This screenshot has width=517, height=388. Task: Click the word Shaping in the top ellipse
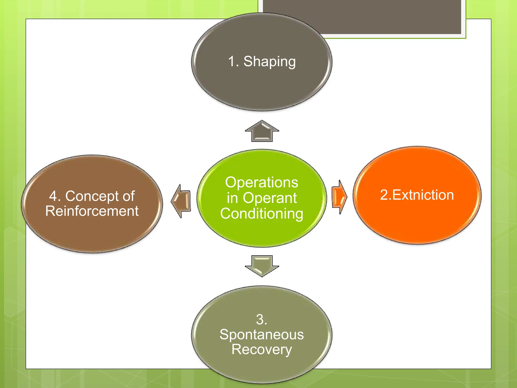pos(269,62)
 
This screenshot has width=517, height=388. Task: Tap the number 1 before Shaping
pos(232,61)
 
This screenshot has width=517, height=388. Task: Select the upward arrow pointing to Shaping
pos(262,131)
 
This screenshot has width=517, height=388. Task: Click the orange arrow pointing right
pos(339,197)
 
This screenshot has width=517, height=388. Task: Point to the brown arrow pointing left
pos(181,201)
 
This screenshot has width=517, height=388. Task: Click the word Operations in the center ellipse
pos(262,182)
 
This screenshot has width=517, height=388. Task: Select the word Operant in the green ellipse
pos(270,198)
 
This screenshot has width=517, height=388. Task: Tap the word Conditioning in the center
pos(262,214)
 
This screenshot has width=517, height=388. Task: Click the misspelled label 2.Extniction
pos(417,195)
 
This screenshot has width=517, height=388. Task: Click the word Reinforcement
pos(92,211)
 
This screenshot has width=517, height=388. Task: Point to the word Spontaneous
pos(262,335)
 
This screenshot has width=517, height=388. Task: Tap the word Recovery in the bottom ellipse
pos(262,350)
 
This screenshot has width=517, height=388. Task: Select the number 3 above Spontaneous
pos(260,320)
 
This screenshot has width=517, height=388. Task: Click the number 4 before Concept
pos(53,196)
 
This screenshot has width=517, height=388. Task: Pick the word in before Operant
pos(232,198)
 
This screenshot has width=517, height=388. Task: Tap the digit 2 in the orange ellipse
pos(384,195)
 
